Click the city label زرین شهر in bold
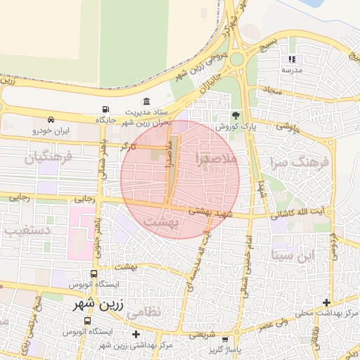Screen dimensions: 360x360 (99, 306)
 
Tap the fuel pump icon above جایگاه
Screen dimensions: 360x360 (105, 110)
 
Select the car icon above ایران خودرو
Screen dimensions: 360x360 (51, 120)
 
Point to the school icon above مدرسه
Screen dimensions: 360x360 (292, 60)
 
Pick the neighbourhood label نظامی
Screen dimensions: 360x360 (146, 310)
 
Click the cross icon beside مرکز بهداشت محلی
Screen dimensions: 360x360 (326, 302)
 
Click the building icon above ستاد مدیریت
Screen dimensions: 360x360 (146, 101)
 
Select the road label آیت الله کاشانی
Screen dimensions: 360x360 (299, 212)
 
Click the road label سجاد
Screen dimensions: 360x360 (273, 91)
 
